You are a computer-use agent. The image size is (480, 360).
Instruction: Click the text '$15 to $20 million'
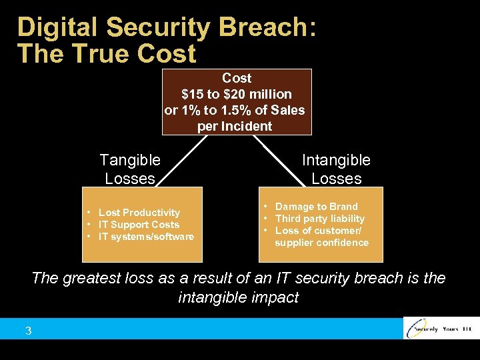(236, 94)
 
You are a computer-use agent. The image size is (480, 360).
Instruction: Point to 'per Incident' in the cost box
(235, 126)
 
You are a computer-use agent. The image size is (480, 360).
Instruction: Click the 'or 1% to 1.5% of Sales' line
(235, 110)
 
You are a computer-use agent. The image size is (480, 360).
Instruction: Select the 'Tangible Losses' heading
(130, 169)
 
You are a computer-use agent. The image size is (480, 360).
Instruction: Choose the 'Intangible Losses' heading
(336, 169)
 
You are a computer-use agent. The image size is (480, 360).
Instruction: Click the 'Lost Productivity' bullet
(139, 213)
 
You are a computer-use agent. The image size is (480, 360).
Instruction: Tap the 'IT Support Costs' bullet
(139, 225)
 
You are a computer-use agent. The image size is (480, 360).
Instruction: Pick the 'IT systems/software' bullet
(146, 237)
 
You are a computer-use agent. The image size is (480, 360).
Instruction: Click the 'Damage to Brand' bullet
(316, 207)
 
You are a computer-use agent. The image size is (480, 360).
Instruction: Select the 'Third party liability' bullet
(319, 219)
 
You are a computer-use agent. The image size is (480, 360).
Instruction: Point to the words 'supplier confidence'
(321, 243)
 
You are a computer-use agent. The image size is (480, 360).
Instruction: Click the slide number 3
(29, 331)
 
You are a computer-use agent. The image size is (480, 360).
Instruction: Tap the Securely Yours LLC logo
(440, 329)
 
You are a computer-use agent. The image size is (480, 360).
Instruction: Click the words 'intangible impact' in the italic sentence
(238, 297)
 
